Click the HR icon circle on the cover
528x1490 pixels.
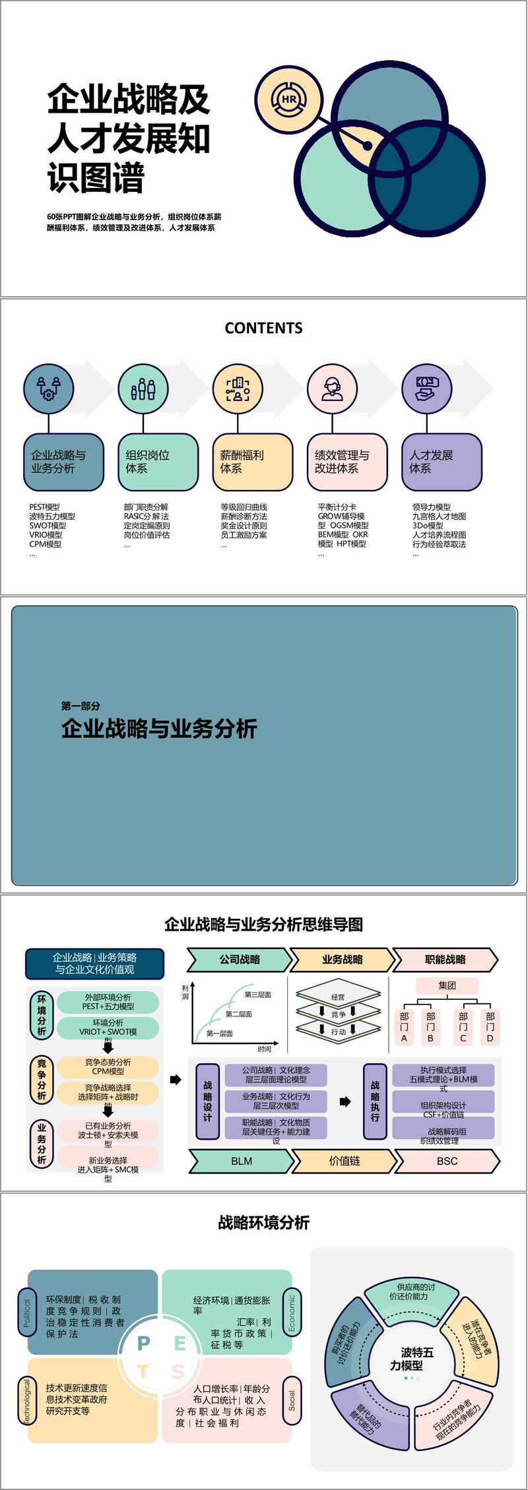(x=289, y=100)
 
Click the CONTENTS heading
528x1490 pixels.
(x=263, y=328)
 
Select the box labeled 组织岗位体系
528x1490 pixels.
(x=157, y=462)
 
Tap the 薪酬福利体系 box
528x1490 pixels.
(x=252, y=462)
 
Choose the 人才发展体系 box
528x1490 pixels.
(x=442, y=462)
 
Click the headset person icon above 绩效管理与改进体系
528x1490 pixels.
(x=332, y=389)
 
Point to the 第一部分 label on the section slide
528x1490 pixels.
(x=81, y=706)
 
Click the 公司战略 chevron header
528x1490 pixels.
(x=240, y=960)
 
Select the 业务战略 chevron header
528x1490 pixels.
(x=342, y=960)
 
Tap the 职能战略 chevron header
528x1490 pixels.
(x=445, y=960)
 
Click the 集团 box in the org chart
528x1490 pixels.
(x=447, y=985)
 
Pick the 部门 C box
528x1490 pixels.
(x=463, y=1027)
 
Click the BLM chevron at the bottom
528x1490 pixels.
(x=241, y=1161)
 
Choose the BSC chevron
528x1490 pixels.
(x=447, y=1161)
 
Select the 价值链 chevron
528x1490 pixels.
(x=344, y=1161)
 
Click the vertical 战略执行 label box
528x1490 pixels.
(x=375, y=1101)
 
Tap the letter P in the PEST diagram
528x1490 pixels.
(x=143, y=1343)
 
